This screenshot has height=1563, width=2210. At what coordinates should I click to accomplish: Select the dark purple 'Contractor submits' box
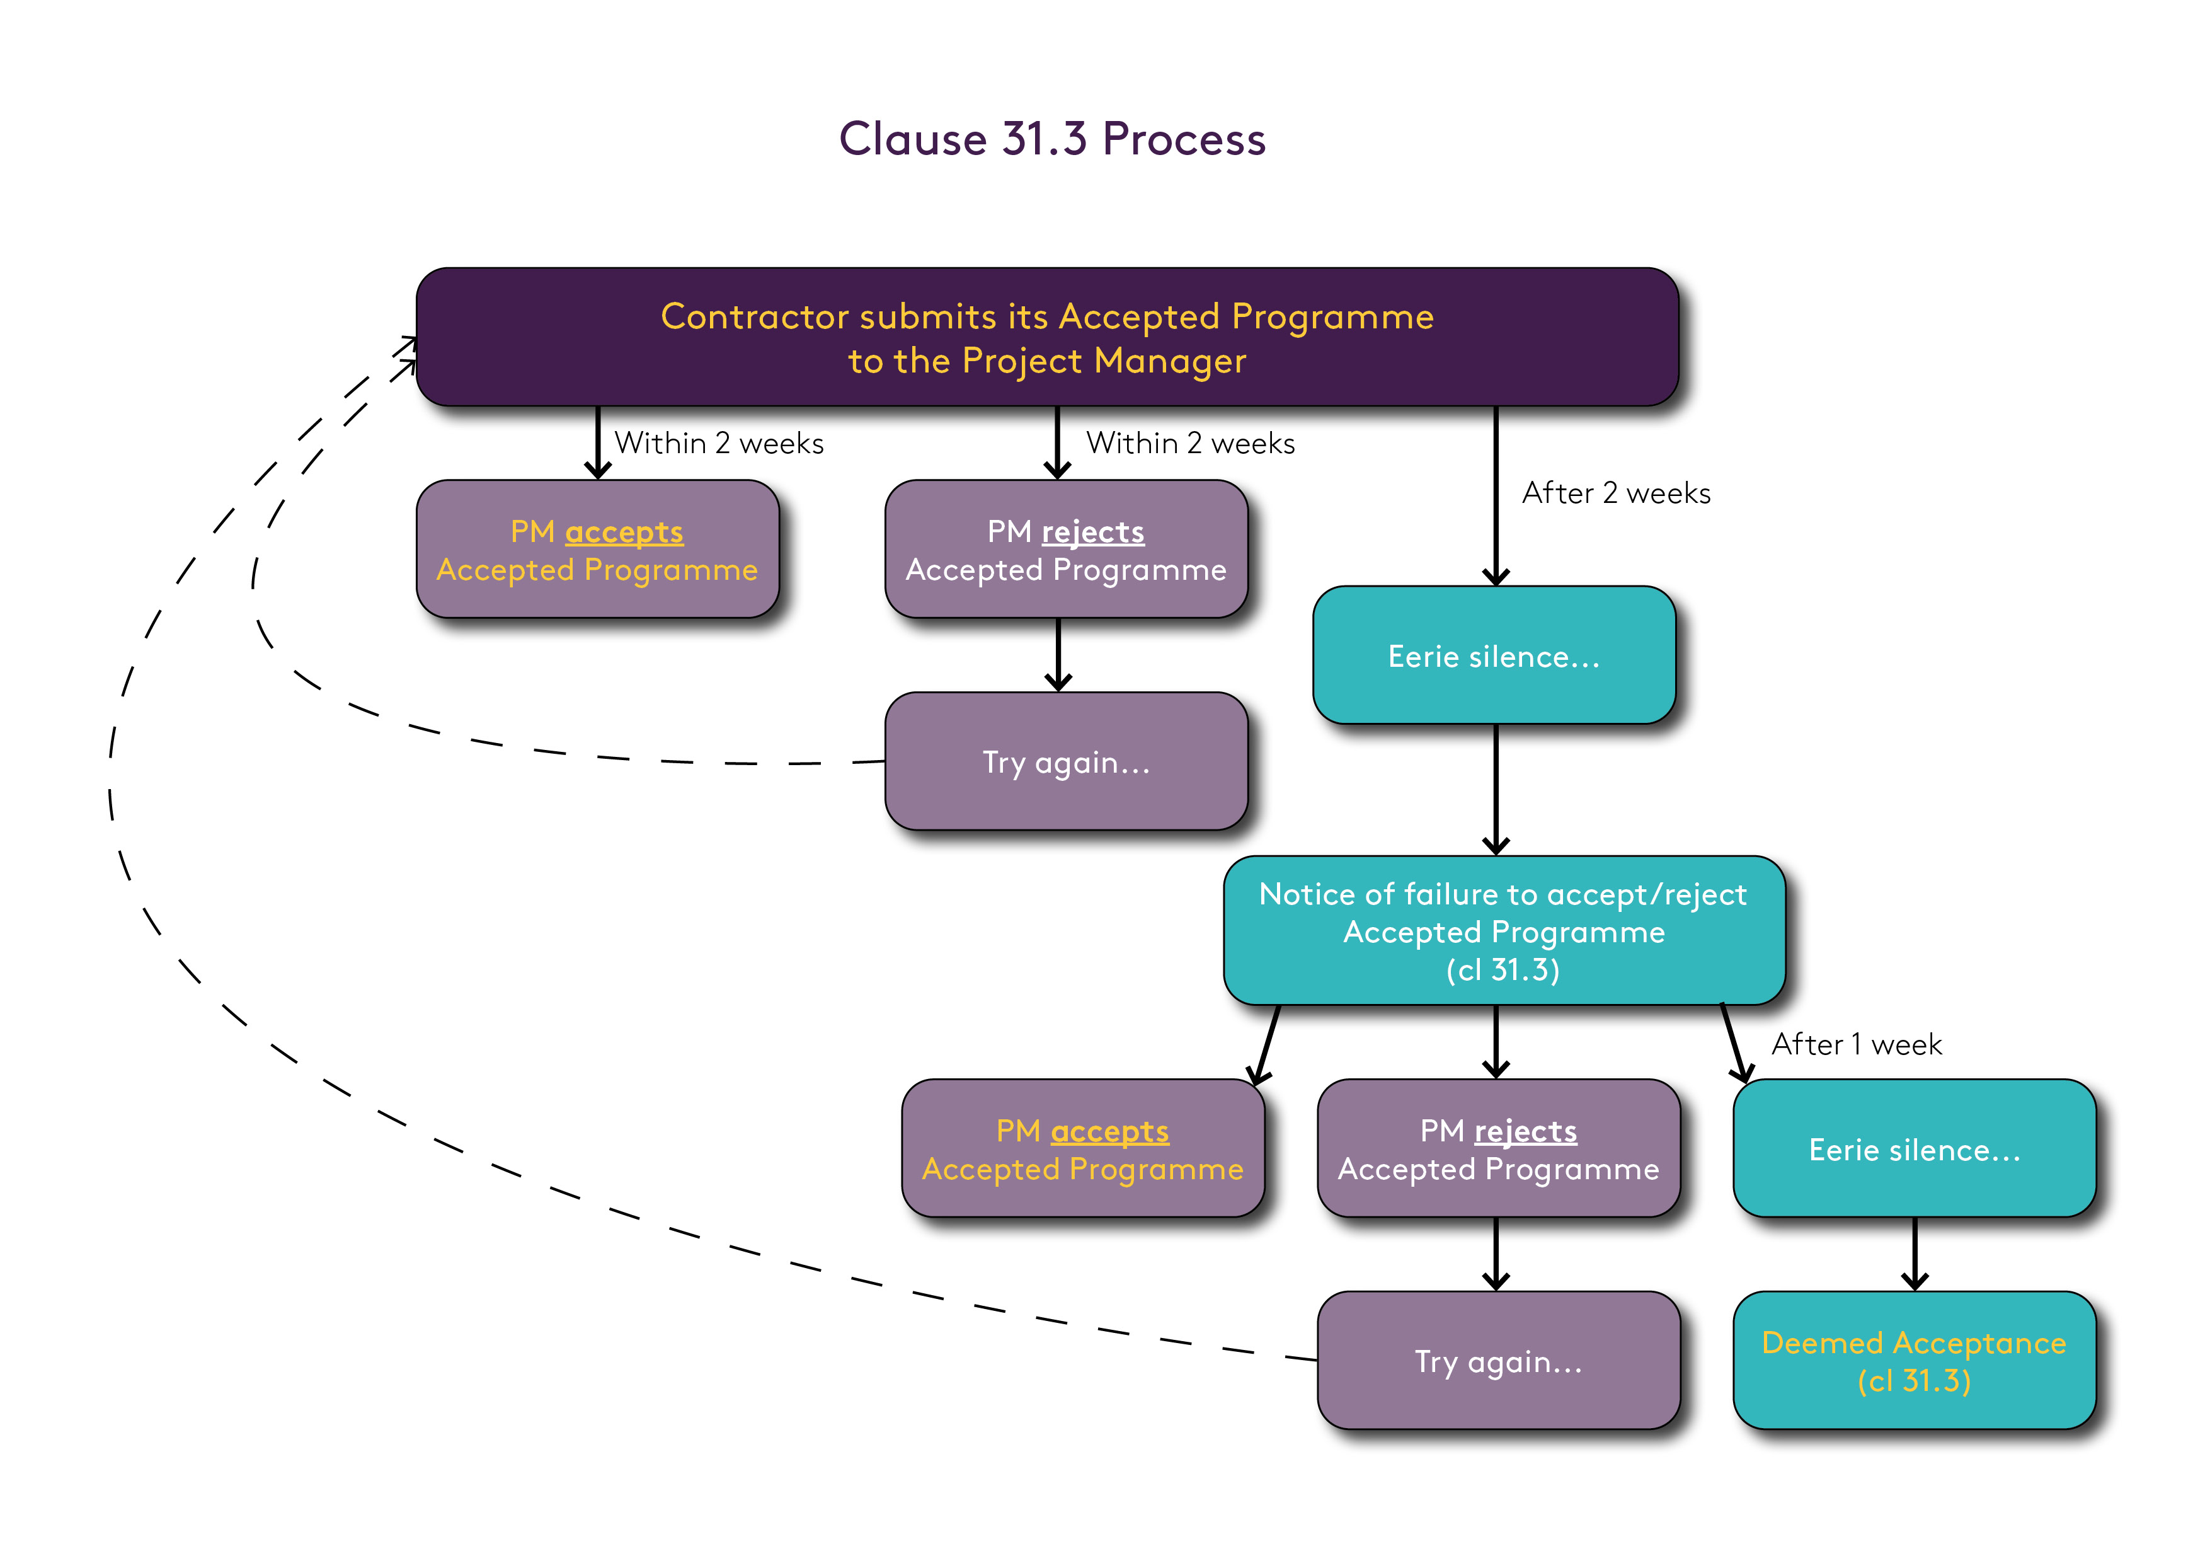[1047, 337]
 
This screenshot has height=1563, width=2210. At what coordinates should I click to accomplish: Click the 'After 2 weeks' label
[1615, 493]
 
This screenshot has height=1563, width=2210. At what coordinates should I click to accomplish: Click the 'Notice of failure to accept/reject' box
[1504, 930]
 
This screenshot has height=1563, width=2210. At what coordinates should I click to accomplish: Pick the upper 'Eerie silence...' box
[1494, 656]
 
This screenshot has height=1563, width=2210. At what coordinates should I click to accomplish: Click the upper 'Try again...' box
[1065, 762]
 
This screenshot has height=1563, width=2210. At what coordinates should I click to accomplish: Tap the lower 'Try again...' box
[1497, 1361]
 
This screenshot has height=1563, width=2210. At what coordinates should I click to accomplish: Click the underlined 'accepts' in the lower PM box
[1110, 1131]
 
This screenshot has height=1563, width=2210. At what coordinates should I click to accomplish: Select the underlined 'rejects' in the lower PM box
[1526, 1131]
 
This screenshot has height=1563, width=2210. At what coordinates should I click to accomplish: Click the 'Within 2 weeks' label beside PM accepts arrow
[719, 443]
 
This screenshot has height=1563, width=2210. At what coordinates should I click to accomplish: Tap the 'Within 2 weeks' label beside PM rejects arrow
[1191, 443]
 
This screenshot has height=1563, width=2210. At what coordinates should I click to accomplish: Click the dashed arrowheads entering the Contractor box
[406, 352]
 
